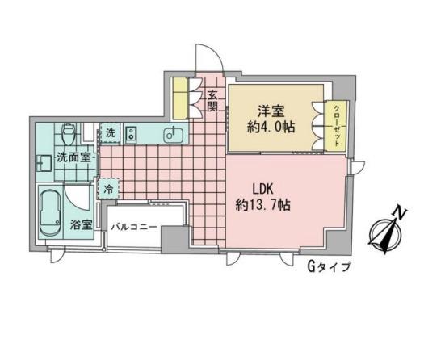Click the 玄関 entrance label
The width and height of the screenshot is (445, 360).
point(212,101)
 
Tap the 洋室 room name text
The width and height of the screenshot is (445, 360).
point(271,111)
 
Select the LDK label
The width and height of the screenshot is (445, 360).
point(262,189)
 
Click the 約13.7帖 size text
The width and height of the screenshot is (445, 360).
point(262,205)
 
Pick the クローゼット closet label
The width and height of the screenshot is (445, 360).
point(337,126)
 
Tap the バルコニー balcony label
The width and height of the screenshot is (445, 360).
point(134,228)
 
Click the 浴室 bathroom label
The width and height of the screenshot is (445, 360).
point(82,225)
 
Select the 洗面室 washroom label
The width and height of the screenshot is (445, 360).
point(73,157)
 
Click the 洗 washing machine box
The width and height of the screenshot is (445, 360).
point(111,132)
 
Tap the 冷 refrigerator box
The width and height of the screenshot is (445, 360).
point(108,189)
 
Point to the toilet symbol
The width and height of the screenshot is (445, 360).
point(69,134)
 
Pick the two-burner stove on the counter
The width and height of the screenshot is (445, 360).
point(131,135)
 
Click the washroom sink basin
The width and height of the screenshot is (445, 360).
point(44,163)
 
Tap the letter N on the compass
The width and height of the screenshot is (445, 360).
point(401,213)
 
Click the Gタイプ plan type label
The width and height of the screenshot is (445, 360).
point(329,267)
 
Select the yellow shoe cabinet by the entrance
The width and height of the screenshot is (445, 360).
point(180,98)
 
